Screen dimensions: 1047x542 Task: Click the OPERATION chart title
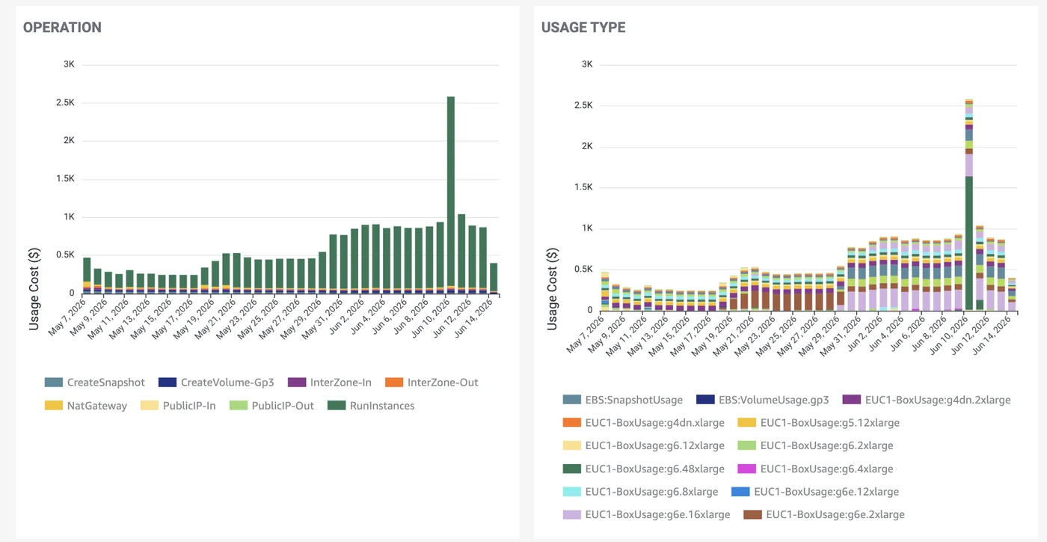pos(62,28)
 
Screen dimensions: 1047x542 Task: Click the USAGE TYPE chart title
pos(583,28)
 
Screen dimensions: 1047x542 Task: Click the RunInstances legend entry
pos(371,406)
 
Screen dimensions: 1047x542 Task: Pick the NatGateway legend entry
pos(86,406)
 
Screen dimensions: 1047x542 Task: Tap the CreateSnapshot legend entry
pos(95,383)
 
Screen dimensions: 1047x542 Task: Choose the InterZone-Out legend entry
pos(432,383)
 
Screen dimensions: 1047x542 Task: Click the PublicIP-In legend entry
pos(178,406)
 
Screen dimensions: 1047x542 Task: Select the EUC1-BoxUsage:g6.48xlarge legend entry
pos(644,469)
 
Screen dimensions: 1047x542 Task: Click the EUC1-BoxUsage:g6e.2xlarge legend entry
pos(824,514)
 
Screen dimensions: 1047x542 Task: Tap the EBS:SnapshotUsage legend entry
pos(622,400)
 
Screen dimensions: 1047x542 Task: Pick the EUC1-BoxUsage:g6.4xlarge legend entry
pos(815,469)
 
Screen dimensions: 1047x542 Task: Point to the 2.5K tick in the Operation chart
pos(66,102)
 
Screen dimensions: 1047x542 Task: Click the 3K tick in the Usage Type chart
pos(587,64)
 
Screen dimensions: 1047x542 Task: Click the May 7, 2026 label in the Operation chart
pos(67,317)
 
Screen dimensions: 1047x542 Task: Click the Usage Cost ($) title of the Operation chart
pos(34,289)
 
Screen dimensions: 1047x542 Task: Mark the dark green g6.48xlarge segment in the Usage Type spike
pos(969,243)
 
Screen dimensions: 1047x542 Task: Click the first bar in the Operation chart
pos(87,275)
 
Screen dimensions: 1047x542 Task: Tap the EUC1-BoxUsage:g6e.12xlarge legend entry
pos(814,491)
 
